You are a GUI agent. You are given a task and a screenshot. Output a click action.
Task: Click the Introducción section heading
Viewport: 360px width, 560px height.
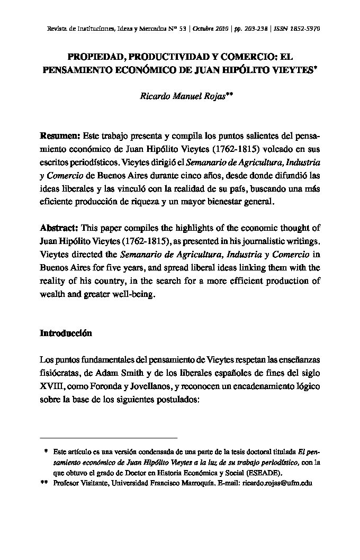point(66,333)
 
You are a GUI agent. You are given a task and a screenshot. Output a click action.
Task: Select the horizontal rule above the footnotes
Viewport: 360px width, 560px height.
point(109,438)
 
